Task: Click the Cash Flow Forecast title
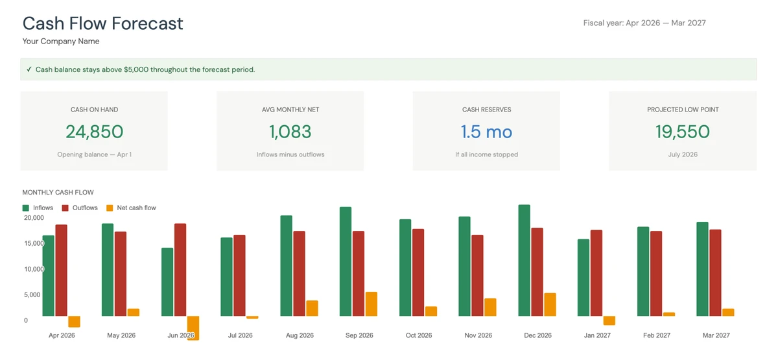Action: [102, 23]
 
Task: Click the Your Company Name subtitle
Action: [61, 42]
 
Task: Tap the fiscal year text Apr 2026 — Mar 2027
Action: [644, 23]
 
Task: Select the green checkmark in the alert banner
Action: [29, 69]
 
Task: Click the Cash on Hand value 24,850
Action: [94, 132]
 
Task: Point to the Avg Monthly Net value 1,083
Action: [290, 132]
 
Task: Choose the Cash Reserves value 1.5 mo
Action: [486, 132]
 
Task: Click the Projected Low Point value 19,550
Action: [682, 132]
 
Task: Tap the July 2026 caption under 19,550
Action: [682, 154]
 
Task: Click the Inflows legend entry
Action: [38, 208]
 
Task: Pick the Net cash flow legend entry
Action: [131, 208]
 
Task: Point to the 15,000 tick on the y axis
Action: [34, 243]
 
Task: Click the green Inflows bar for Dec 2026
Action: [525, 260]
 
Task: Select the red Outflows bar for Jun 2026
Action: [180, 270]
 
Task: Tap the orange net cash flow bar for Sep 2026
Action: [371, 304]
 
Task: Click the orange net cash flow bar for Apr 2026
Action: [74, 322]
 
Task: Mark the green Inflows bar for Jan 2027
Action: [583, 278]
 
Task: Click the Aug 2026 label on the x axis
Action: [300, 335]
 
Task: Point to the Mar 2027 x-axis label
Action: [716, 335]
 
